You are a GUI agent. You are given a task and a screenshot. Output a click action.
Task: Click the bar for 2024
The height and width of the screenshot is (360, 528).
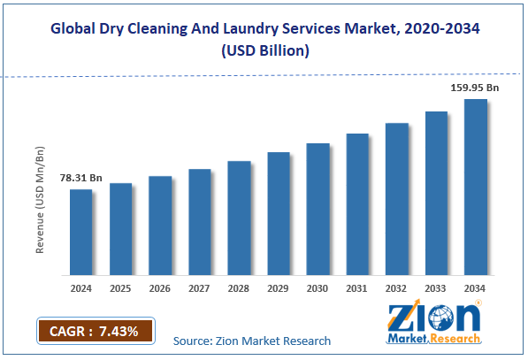(81, 231)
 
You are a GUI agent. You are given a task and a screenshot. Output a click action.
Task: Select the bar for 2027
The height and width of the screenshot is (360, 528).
(200, 220)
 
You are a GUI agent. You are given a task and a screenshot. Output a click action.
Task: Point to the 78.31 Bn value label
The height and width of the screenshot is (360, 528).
(80, 179)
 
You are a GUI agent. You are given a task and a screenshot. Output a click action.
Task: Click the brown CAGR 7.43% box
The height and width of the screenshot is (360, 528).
(95, 331)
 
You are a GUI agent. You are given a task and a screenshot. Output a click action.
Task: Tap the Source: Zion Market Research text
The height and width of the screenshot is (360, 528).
(252, 341)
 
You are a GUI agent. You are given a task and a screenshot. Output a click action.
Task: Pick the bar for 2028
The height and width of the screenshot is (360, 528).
(239, 217)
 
